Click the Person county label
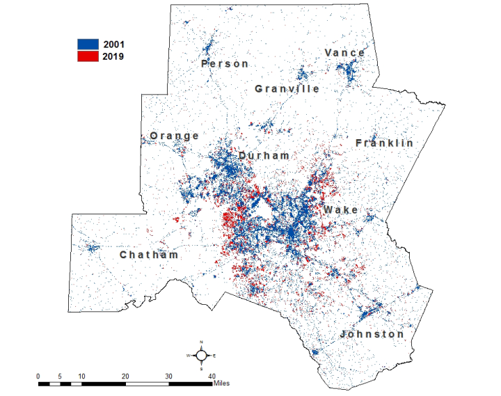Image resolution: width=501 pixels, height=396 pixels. (x=224, y=63)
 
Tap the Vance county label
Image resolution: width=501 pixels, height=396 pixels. (x=344, y=53)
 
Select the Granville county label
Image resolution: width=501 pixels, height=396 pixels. (x=287, y=88)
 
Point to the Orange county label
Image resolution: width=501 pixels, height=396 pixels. (x=175, y=136)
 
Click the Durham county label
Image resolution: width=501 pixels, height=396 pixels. (x=264, y=155)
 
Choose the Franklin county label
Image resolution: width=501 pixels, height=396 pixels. (x=384, y=143)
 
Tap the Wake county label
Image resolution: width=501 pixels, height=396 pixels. (x=340, y=209)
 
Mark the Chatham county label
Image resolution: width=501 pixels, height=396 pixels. (x=149, y=255)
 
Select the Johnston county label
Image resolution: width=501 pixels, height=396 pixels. (x=372, y=334)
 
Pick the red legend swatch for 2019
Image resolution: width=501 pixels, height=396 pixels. (x=88, y=56)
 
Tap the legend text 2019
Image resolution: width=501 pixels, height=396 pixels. (x=113, y=56)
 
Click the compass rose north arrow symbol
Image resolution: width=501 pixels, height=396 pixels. (x=201, y=355)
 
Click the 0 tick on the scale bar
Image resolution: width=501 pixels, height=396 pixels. (x=38, y=376)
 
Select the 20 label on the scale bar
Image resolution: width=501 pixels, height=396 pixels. (x=125, y=376)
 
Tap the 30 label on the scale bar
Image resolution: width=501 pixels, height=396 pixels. (x=168, y=376)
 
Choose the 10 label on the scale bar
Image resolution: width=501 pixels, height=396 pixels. (x=81, y=376)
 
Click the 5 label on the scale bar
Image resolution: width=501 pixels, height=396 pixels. (x=60, y=376)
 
